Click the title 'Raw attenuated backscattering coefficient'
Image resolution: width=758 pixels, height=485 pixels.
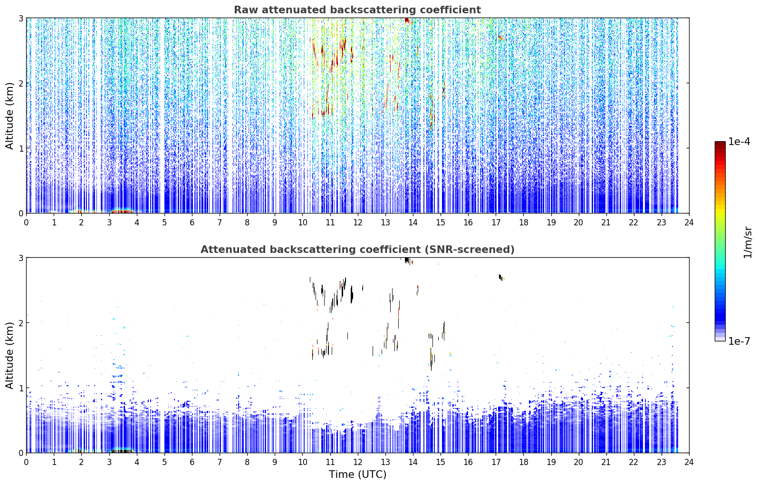[x=357, y=10]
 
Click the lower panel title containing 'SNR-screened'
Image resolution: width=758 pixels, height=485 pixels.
[x=357, y=249]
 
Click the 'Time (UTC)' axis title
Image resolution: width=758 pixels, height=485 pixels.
[x=357, y=474]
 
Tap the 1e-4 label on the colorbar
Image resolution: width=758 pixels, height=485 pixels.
[x=739, y=142]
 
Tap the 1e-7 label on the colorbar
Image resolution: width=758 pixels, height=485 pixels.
[x=739, y=341]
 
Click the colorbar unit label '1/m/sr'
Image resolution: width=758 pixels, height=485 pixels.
[x=748, y=242]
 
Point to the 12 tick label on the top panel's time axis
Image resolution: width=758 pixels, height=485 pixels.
[x=358, y=223]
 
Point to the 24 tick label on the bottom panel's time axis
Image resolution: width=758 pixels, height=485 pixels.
[x=689, y=462]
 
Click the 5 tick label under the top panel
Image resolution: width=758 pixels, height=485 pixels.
[x=164, y=223]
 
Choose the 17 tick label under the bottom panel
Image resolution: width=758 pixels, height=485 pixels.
[x=496, y=462]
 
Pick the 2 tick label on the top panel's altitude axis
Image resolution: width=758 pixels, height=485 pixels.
[x=20, y=83]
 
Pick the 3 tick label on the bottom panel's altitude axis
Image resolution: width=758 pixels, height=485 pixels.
[x=20, y=258]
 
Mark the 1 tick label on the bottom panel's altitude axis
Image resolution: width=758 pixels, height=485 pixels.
[x=20, y=388]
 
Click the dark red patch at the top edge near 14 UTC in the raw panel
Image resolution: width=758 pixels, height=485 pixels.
[x=407, y=20]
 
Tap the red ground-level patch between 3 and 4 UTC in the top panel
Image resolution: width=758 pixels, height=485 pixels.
[x=123, y=211]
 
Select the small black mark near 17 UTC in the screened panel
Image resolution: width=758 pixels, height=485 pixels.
[x=500, y=277]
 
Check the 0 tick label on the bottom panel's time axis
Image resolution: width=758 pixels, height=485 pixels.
[x=27, y=462]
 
